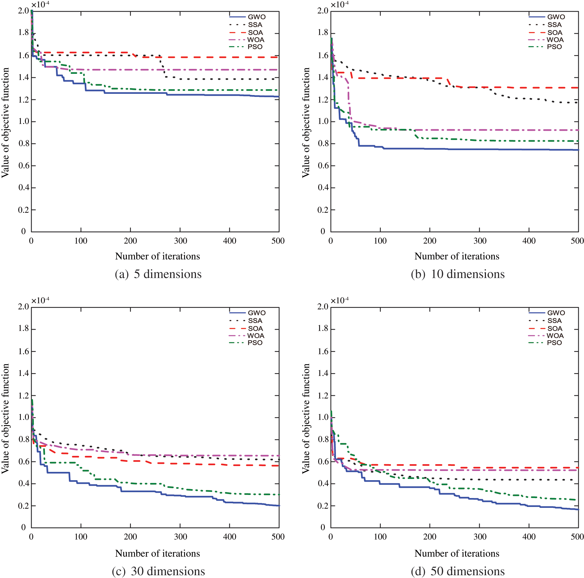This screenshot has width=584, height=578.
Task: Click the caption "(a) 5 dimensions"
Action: [x=158, y=274]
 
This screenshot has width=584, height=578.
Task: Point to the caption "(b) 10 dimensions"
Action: [x=458, y=274]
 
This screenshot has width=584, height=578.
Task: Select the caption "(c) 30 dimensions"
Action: [x=158, y=571]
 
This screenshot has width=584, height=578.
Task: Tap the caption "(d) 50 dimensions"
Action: [x=458, y=571]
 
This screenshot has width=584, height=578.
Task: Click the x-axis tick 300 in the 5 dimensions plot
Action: [x=180, y=241]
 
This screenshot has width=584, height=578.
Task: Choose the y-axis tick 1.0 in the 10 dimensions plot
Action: [x=323, y=121]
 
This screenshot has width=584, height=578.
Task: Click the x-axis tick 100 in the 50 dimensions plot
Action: [x=380, y=537]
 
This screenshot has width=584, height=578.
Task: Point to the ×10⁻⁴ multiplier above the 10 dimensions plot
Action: [x=340, y=5]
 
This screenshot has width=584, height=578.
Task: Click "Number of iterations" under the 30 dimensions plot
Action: [x=157, y=553]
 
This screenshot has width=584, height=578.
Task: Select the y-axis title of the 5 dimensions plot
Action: [x=5, y=122]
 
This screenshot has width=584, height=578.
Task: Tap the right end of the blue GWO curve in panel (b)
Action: [x=578, y=150]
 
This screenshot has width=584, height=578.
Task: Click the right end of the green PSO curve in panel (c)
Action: [x=279, y=495]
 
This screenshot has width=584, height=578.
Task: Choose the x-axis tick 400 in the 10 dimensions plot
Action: [x=529, y=241]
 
